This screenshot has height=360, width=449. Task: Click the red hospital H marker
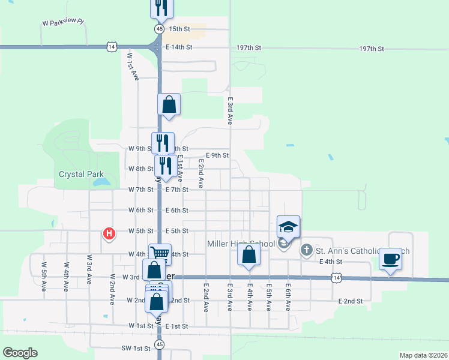click(109, 233)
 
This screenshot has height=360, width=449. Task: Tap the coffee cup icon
click(390, 259)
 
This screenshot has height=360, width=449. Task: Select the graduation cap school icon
click(288, 227)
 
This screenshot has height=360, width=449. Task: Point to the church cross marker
click(306, 249)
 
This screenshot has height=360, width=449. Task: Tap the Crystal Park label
click(77, 175)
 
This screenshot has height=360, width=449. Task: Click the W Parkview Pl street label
click(62, 23)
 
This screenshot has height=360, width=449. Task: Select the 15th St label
click(179, 29)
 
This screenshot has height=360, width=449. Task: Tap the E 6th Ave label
click(288, 297)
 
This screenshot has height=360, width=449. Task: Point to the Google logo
click(20, 353)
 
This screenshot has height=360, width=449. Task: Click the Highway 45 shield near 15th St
click(158, 29)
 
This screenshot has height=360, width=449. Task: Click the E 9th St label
click(217, 155)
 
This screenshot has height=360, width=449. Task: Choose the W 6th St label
click(141, 211)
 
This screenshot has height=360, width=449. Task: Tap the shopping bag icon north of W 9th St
click(169, 104)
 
